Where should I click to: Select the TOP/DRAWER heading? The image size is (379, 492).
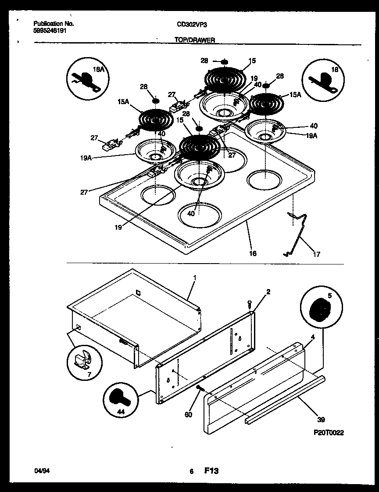[x=195, y=40]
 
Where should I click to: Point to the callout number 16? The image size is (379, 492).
[x=253, y=253]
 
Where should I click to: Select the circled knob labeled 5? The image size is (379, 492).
[x=318, y=310]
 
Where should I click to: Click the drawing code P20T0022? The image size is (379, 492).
[x=329, y=433]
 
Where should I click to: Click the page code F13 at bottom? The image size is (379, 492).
[x=211, y=470]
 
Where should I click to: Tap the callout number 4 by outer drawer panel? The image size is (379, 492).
[x=312, y=337]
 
